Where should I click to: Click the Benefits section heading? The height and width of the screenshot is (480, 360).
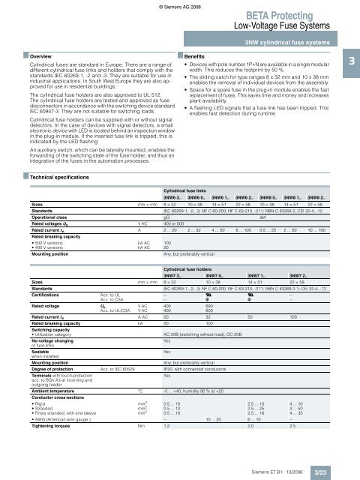tap(205, 56)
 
